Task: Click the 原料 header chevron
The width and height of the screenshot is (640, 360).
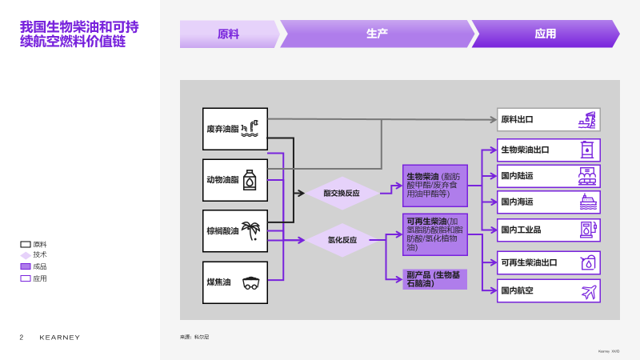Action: [229, 34]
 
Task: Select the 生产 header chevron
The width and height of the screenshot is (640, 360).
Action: [377, 34]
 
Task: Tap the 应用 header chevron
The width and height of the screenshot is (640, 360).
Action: [545, 34]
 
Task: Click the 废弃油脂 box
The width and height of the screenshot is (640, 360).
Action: [235, 129]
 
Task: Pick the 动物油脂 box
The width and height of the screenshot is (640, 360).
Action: [235, 180]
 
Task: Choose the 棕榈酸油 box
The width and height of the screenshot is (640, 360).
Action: [235, 231]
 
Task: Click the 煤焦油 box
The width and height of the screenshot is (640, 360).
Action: [235, 282]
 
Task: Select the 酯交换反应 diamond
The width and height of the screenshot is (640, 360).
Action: [342, 193]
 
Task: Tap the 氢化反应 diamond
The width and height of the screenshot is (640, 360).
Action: [342, 240]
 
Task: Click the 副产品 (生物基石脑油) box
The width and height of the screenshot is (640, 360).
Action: [435, 279]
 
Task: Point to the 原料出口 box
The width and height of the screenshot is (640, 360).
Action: [548, 120]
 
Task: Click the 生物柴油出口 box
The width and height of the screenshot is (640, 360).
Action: [548, 150]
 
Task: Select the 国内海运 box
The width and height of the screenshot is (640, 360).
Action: [548, 202]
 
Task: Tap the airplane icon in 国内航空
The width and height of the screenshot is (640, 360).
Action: [589, 291]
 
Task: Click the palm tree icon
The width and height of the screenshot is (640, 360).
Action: [251, 231]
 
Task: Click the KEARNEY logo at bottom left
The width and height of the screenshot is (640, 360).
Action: [60, 338]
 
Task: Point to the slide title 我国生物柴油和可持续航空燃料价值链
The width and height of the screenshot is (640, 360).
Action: [78, 34]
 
